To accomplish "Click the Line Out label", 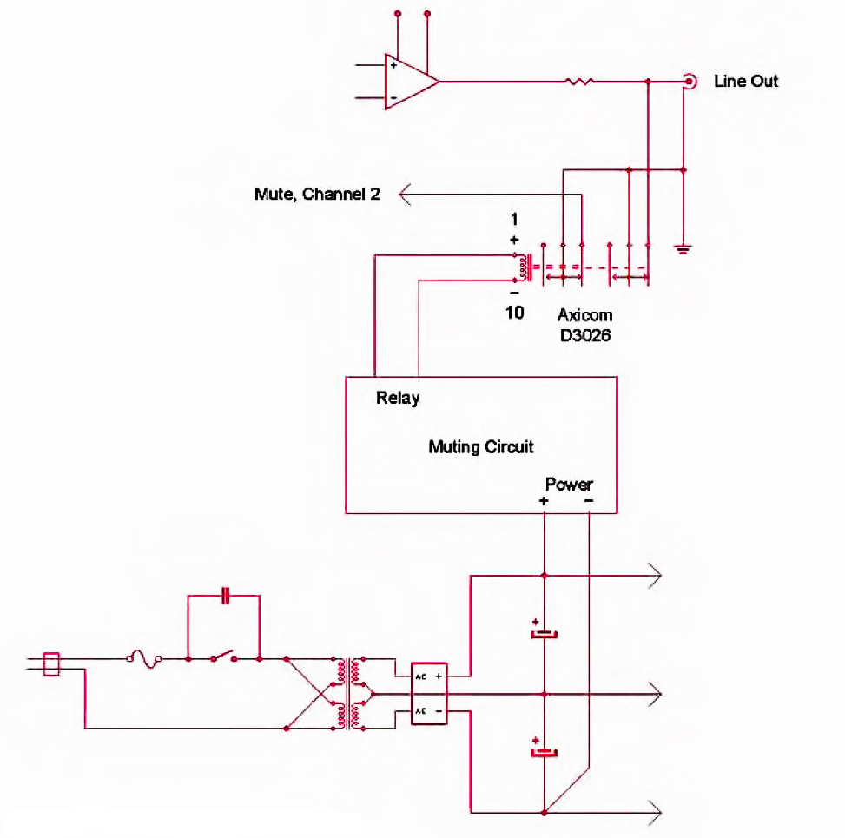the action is point(746,82).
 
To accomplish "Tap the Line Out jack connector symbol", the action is point(690,82).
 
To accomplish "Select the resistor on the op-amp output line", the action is point(579,82).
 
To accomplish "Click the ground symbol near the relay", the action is point(683,249).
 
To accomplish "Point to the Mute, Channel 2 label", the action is point(317,194).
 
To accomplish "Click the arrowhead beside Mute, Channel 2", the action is point(405,194).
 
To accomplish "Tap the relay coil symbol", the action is point(523,267).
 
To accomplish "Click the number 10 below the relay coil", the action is point(515,313).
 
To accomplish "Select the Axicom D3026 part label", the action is point(585,325).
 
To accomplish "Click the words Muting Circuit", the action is point(481,446).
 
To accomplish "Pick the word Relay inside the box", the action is point(398,399).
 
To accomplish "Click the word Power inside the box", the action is point(569,484).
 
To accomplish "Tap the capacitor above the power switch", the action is point(226,596).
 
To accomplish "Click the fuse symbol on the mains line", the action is point(144,658).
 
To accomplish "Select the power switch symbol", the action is point(224,657).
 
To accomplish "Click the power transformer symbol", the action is point(348,694).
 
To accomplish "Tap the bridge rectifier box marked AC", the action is point(429,694).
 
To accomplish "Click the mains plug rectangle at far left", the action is point(51,664).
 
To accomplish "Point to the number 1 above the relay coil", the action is point(514,220).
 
